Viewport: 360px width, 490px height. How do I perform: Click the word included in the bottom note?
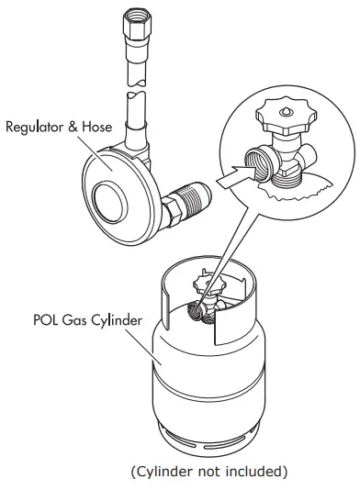[252, 473]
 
